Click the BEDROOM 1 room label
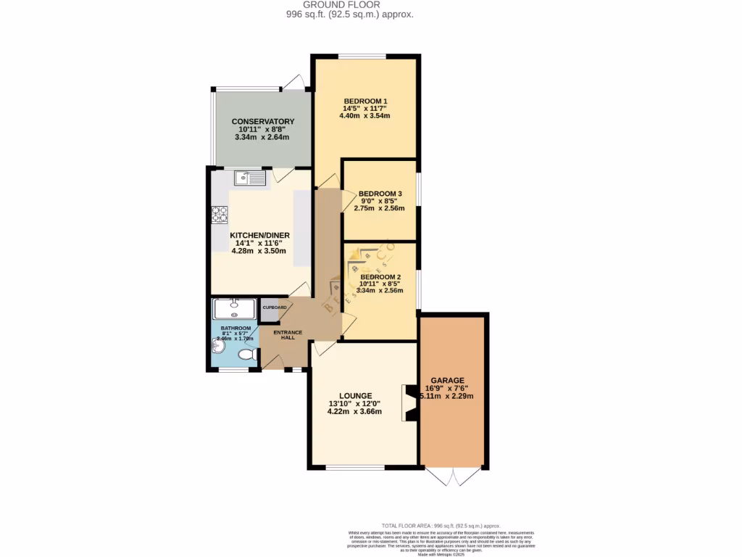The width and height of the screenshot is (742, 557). click(x=366, y=101)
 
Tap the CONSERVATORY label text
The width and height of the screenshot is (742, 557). click(x=263, y=121)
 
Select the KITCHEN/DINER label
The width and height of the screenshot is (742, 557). click(x=260, y=236)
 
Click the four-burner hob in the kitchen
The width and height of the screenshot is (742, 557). click(x=220, y=214)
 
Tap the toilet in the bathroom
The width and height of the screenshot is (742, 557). click(x=246, y=355)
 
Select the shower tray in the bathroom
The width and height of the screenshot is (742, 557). click(x=234, y=310)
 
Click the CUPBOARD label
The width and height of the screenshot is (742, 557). click(x=274, y=308)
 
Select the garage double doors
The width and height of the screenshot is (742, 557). click(x=453, y=476)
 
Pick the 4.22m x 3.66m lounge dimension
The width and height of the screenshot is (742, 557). click(x=354, y=412)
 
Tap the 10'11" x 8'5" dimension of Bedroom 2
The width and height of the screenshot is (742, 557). click(x=380, y=284)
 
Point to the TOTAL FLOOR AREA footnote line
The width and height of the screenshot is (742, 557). click(x=441, y=525)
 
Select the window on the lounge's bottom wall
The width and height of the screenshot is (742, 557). click(x=354, y=467)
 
